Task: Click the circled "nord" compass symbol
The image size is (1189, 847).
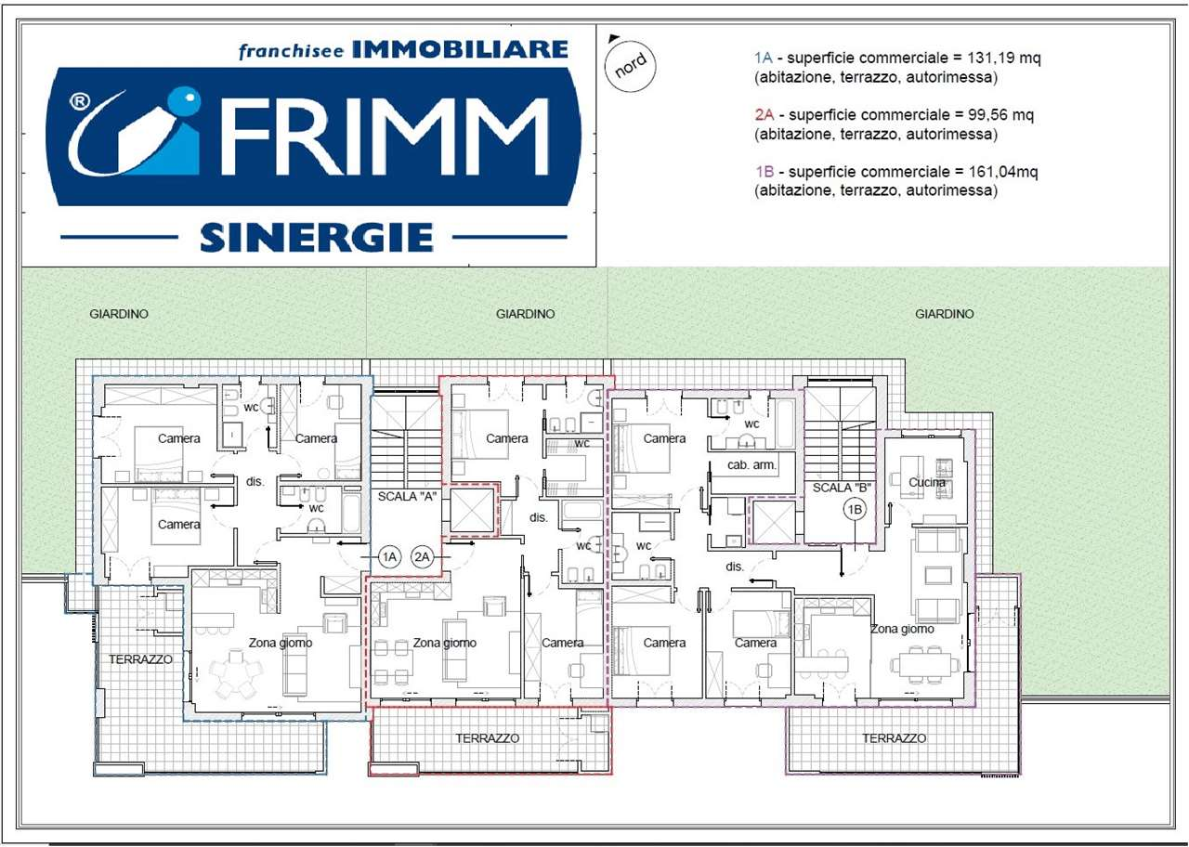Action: point(630,66)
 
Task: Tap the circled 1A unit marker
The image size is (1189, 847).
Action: point(389,556)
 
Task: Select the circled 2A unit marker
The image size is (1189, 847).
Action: point(422,556)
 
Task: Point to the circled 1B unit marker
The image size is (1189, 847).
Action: point(855,510)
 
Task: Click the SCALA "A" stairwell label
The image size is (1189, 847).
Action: point(407,496)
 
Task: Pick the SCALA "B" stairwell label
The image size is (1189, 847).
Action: point(842,488)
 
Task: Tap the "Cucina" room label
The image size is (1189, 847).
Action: point(927,482)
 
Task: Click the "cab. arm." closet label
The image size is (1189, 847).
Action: point(751,465)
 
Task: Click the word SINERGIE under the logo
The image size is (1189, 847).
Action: point(317,237)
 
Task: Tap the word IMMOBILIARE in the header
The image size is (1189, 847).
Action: point(460,49)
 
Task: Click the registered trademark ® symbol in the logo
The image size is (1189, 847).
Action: point(80,101)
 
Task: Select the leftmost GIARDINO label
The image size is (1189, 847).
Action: point(119,314)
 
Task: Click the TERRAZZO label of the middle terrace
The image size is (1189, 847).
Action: point(488,738)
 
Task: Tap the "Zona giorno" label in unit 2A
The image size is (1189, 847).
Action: point(445,643)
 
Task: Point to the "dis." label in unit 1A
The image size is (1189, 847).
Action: point(255,481)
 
